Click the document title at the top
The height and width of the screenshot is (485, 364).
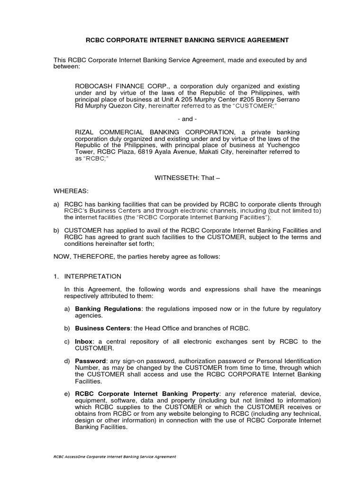coord(187,40)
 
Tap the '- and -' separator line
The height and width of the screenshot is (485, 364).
coord(187,119)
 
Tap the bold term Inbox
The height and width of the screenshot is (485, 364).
coord(83,341)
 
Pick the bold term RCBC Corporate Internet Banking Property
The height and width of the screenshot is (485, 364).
coord(147,394)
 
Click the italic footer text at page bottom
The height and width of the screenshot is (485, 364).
coord(115,457)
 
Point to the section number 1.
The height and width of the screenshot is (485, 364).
coord(55,276)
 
